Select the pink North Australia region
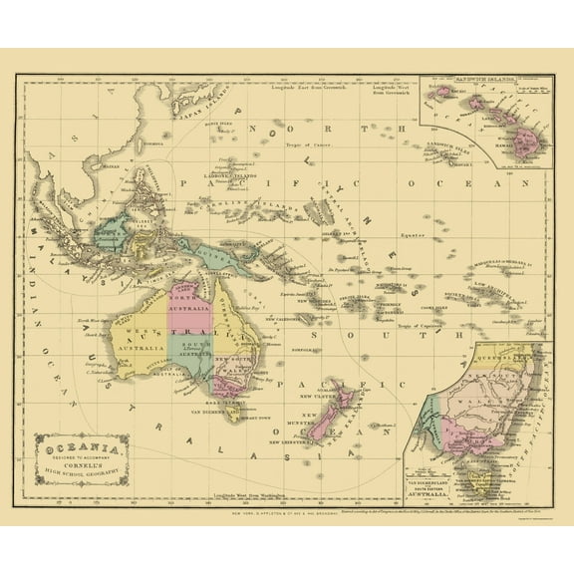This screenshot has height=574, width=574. click(x=188, y=299)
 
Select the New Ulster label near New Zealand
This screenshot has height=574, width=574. click(x=320, y=394)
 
